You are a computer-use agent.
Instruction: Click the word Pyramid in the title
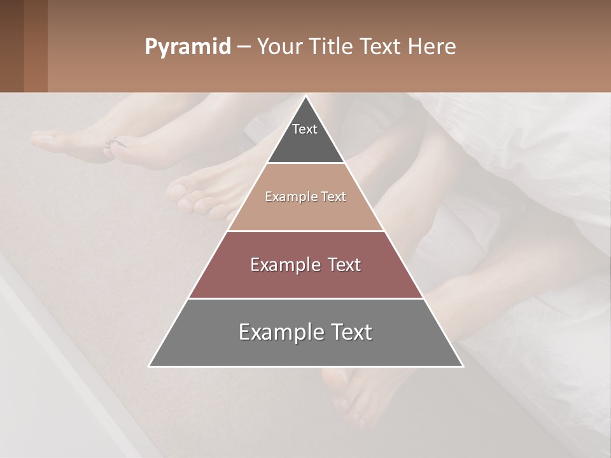187,47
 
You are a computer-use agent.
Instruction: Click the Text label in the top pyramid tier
305,129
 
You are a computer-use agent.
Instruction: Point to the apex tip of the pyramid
306,97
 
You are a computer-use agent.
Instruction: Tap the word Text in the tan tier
334,197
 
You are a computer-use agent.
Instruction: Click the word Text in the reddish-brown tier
344,265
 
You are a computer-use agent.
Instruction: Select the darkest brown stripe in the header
11,46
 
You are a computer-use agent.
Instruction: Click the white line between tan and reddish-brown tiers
306,231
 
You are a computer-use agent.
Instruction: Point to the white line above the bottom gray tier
306,298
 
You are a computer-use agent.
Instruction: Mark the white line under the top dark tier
306,163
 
